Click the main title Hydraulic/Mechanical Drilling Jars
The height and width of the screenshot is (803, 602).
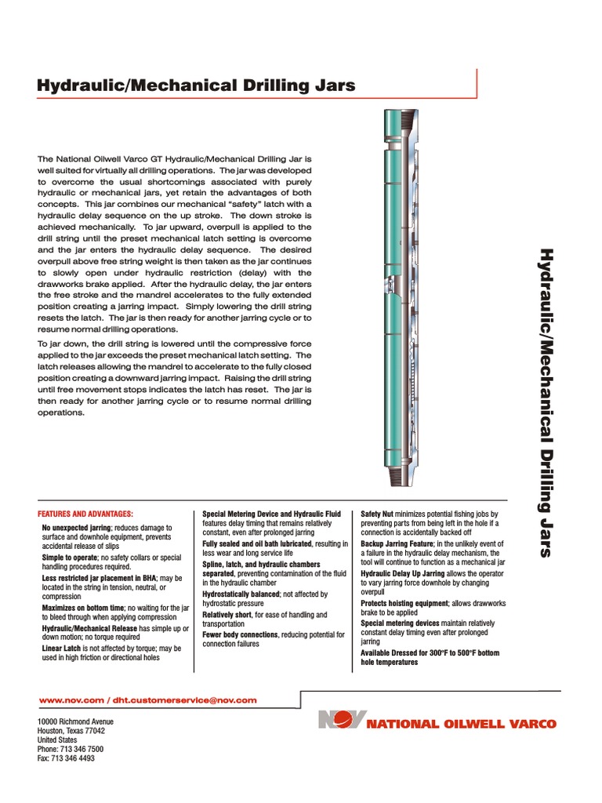[x=196, y=85]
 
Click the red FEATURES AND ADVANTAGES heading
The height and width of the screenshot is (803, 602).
[x=88, y=513]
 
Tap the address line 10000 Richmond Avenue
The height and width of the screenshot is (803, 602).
[x=75, y=721]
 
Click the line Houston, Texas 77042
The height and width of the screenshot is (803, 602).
[x=71, y=730]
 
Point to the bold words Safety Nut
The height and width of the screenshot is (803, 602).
[x=378, y=514]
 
